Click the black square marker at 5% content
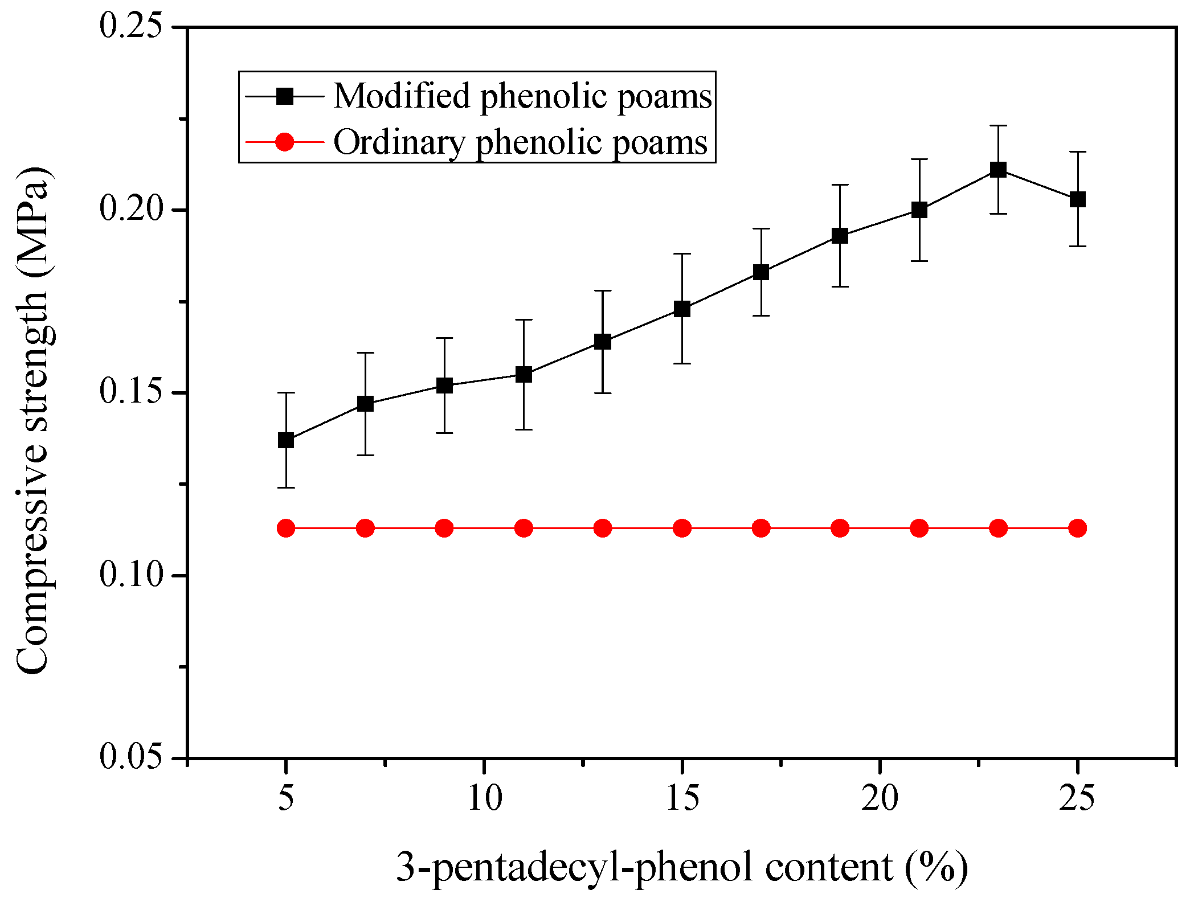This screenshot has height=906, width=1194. [x=286, y=440]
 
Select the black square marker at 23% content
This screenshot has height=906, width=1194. [x=998, y=170]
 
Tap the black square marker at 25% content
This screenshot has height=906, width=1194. [x=1077, y=199]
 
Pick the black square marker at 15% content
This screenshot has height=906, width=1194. [x=682, y=309]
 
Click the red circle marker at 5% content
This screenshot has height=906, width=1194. [x=286, y=528]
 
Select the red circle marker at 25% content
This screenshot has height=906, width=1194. [x=1077, y=528]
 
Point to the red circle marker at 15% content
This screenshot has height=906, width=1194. [x=682, y=528]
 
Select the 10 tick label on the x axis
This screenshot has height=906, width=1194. [x=484, y=798]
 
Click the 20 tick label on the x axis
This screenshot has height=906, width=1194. [x=880, y=798]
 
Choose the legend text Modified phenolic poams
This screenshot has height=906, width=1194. [x=522, y=96]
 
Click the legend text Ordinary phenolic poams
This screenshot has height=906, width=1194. [x=520, y=142]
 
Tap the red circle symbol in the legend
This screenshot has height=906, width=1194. [x=284, y=142]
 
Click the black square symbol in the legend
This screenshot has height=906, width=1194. [x=284, y=96]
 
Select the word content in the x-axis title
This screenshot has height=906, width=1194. [x=828, y=867]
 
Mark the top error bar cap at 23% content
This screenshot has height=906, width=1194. [x=998, y=125]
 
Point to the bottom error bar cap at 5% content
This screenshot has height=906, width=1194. [x=286, y=487]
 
